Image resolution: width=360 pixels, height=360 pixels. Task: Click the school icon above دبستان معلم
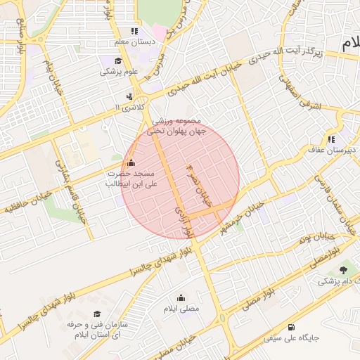click(134, 31)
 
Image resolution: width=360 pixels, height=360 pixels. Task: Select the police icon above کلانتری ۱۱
click(129, 96)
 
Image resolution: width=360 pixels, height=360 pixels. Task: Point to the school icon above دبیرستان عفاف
click(330, 139)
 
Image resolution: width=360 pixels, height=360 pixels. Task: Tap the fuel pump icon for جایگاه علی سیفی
click(291, 327)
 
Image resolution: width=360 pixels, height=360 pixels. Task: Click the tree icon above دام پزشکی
click(343, 270)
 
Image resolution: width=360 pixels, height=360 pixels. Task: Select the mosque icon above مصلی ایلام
click(181, 297)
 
